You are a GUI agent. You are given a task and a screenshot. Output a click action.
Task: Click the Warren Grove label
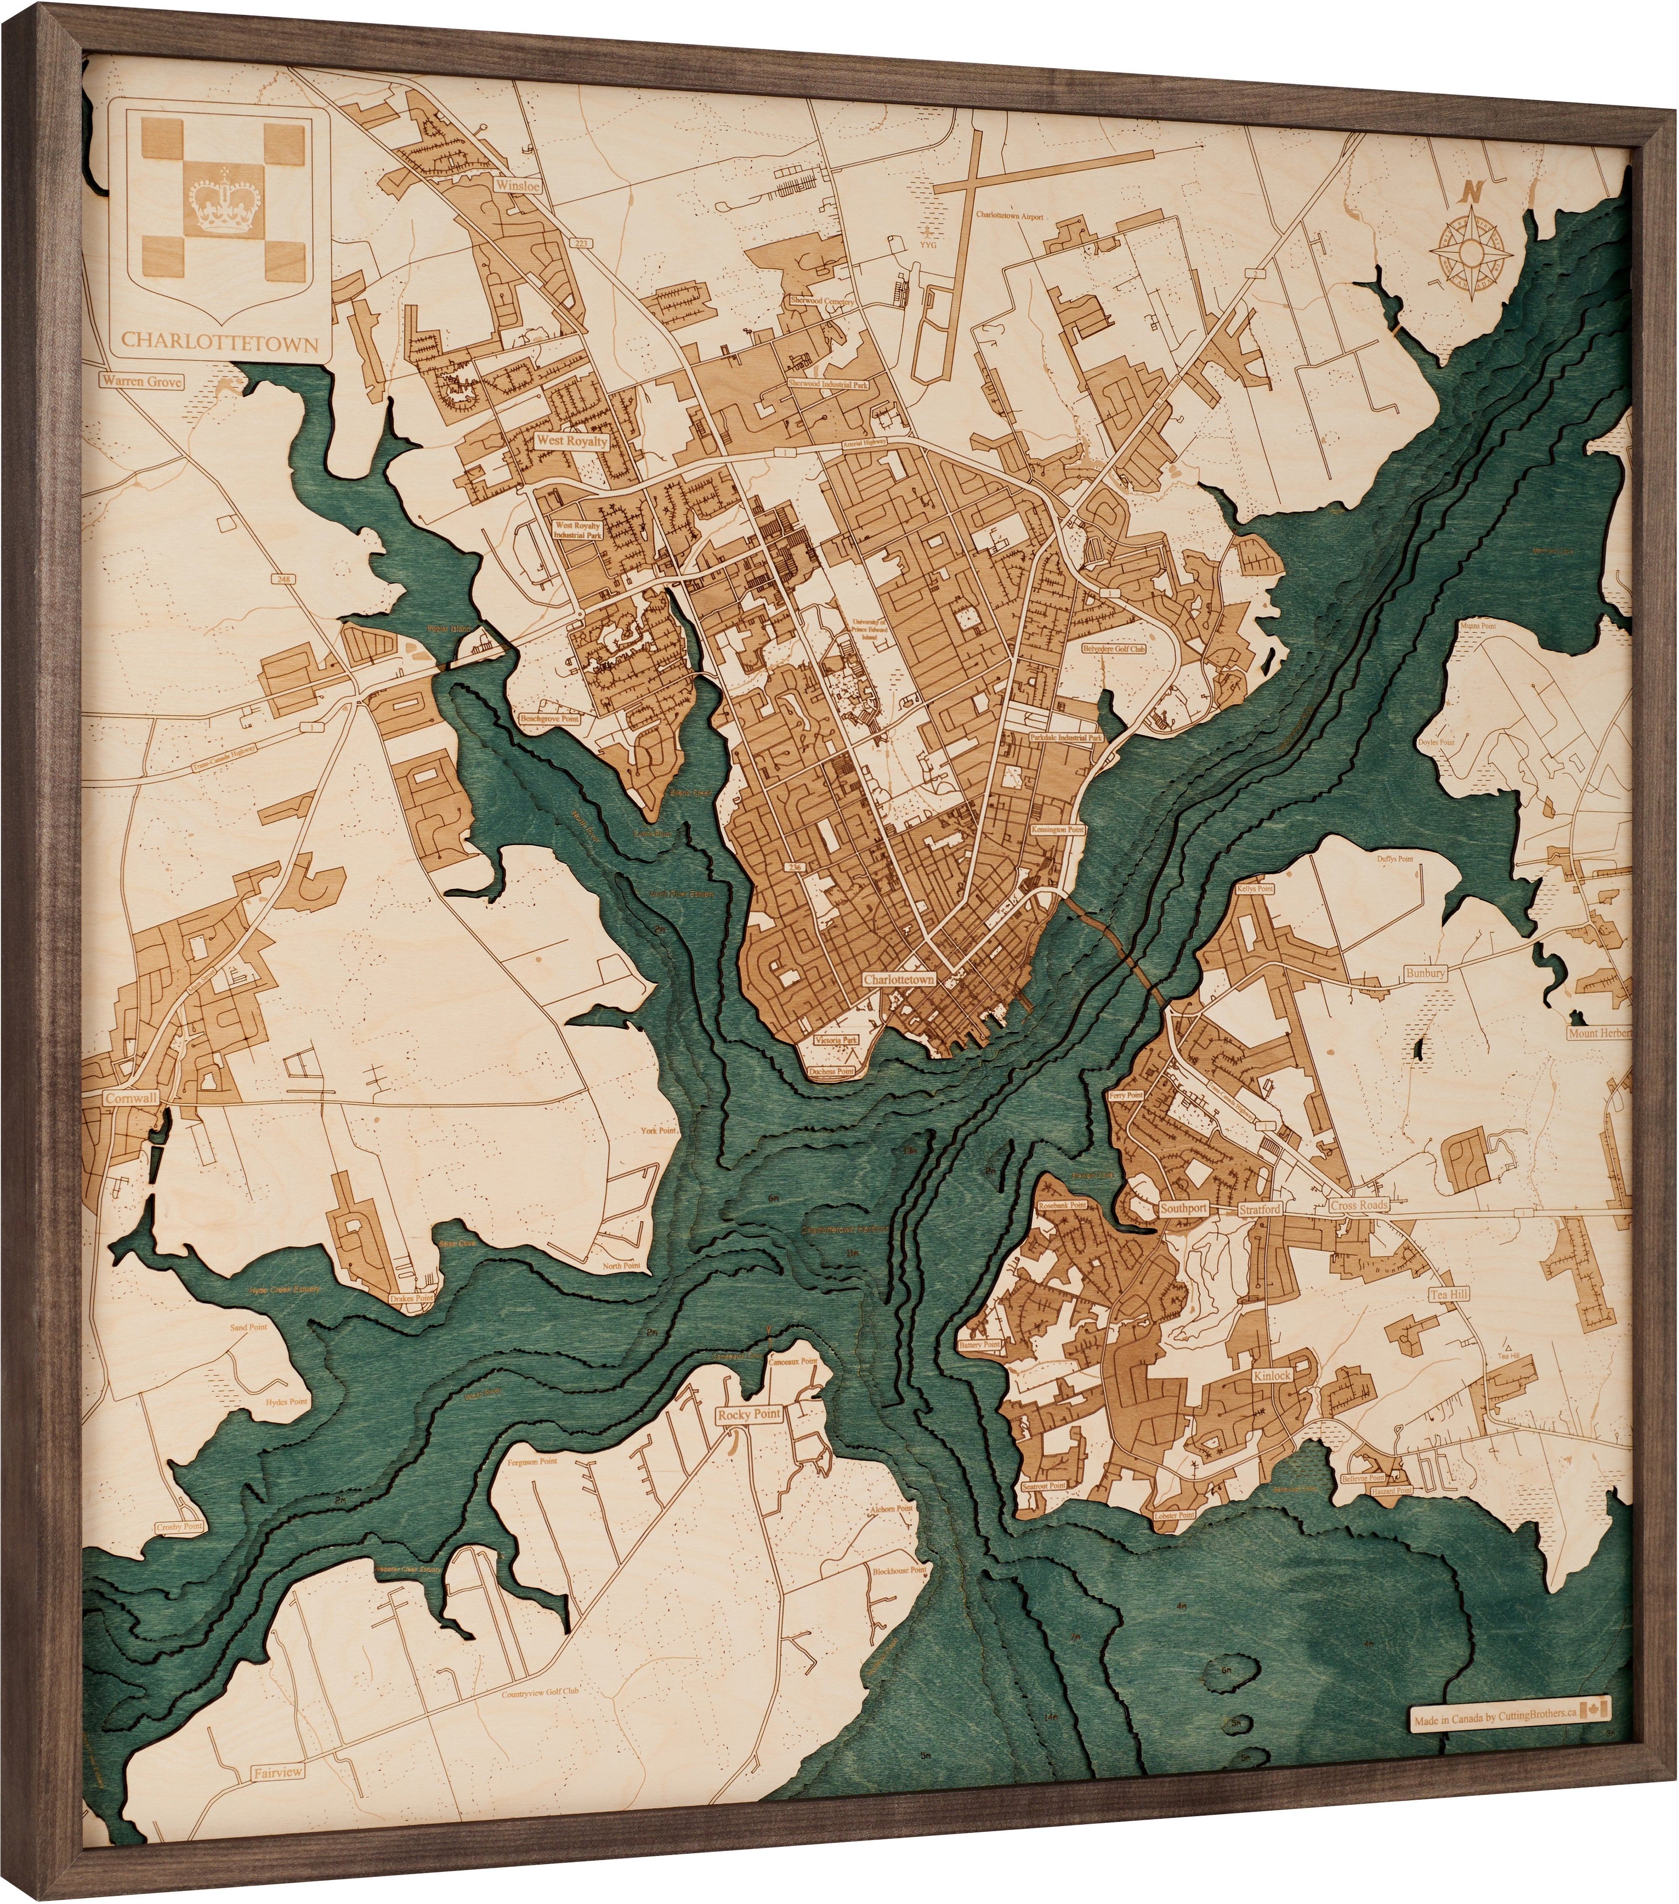[x=141, y=381]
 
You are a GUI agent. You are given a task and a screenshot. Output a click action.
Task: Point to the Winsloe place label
[x=517, y=186]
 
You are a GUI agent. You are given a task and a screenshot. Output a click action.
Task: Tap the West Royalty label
[x=571, y=441]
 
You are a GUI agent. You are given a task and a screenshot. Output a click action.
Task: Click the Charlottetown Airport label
[x=1009, y=215]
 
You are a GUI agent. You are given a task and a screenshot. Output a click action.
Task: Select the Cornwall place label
[x=131, y=1098]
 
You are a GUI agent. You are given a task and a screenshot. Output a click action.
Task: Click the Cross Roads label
[x=1358, y=1204]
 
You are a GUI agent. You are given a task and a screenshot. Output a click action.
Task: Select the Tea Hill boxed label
[x=1449, y=1294]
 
